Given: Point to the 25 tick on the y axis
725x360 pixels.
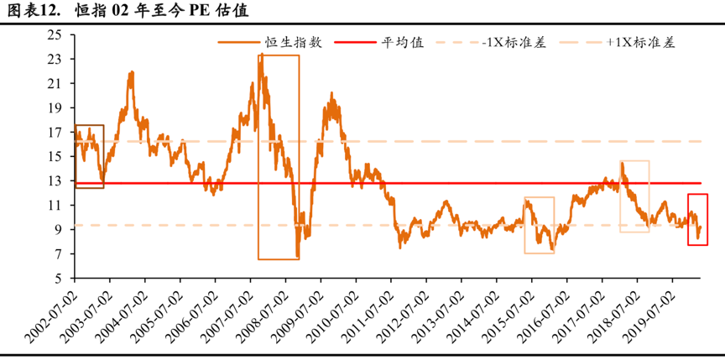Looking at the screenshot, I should click(x=56, y=35).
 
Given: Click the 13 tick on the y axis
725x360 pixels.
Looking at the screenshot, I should click(x=56, y=181).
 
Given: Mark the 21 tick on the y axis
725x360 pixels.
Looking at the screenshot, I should click(x=56, y=84).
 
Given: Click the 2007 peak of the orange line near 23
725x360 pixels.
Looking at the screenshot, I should click(x=261, y=55).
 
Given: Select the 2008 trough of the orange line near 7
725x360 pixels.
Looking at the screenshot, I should click(x=298, y=257).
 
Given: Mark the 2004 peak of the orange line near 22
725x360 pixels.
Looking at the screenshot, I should click(x=132, y=72).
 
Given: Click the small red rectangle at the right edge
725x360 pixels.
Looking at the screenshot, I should click(x=697, y=220).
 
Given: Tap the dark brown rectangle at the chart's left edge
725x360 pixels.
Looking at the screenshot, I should click(x=89, y=157).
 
